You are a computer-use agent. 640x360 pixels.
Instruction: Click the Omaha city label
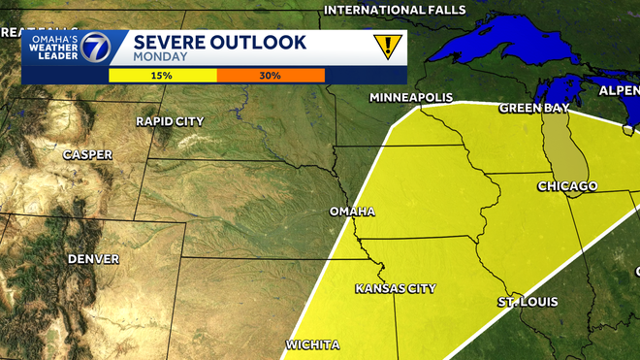(352, 212)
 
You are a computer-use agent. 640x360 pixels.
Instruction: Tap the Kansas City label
(395, 288)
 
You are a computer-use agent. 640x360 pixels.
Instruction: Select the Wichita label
(312, 344)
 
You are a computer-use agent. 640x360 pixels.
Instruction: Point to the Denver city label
(93, 259)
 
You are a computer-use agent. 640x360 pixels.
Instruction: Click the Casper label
(87, 154)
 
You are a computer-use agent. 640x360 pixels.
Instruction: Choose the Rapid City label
(170, 121)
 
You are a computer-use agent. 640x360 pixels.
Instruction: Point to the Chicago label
(568, 185)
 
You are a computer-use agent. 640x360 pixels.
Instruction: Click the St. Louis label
(528, 302)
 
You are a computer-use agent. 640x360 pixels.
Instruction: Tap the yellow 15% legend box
(162, 75)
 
